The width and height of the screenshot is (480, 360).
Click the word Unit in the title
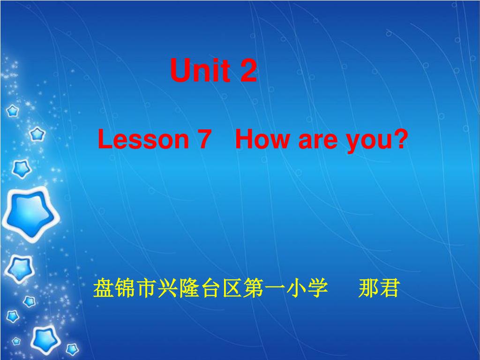point(200,70)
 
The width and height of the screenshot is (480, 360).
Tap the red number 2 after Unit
point(248,70)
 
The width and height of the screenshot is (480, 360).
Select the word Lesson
point(143,139)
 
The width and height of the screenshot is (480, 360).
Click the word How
point(262,139)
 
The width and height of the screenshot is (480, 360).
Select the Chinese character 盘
point(104,288)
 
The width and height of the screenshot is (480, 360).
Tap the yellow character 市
point(146,288)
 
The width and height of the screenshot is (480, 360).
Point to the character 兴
point(167,288)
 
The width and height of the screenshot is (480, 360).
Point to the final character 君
point(390,288)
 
